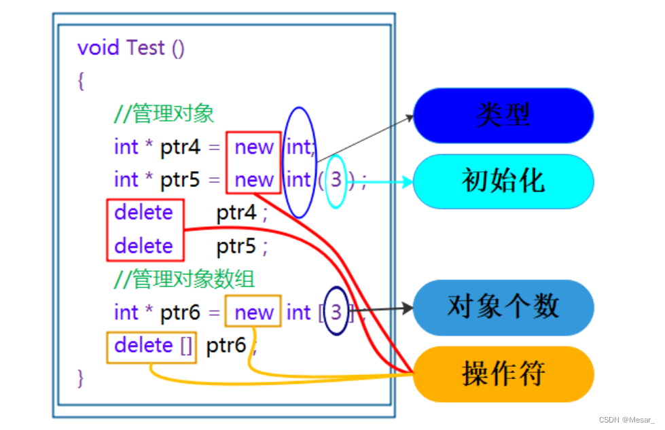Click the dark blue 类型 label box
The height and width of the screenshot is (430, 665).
click(x=503, y=115)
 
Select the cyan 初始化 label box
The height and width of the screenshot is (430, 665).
click(x=503, y=181)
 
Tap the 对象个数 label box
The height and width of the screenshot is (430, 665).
click(x=503, y=307)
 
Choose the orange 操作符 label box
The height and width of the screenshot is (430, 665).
click(x=503, y=374)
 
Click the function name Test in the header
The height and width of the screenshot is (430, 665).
click(x=145, y=48)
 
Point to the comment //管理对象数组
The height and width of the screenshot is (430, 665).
click(x=184, y=279)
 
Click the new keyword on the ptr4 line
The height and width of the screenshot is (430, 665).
click(x=254, y=147)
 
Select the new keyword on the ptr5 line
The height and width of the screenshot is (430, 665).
click(x=254, y=180)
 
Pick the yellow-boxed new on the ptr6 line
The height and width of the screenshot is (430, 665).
click(x=254, y=312)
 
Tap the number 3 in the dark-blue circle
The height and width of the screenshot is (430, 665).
click(x=336, y=312)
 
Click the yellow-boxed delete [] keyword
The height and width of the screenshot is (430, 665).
click(x=153, y=346)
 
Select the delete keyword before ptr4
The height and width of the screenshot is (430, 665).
click(x=143, y=213)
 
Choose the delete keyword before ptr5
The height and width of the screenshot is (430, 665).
click(x=143, y=246)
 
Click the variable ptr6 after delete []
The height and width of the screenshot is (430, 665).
click(x=226, y=346)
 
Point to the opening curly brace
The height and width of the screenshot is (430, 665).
click(x=81, y=82)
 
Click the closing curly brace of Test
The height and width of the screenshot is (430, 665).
click(x=81, y=378)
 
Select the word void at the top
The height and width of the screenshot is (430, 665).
click(x=99, y=48)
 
